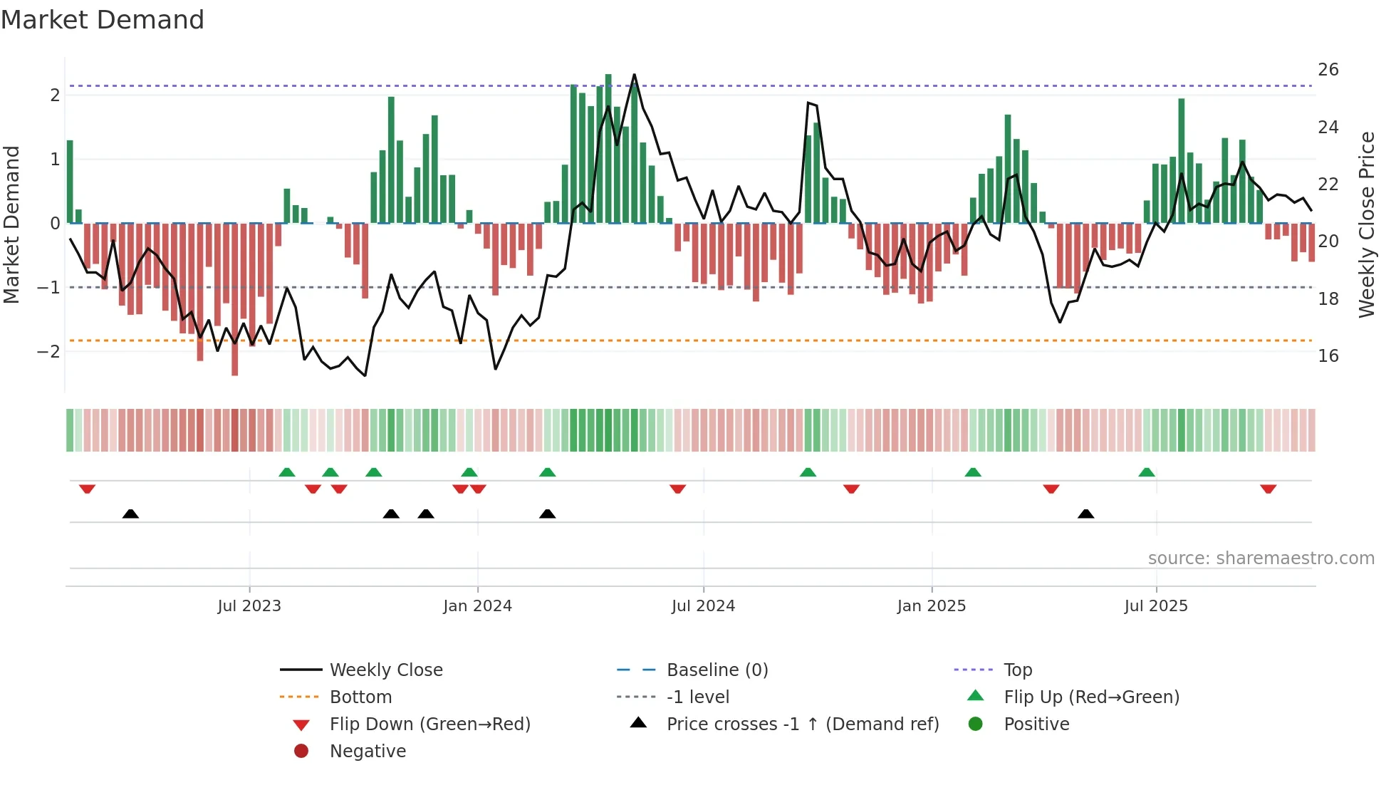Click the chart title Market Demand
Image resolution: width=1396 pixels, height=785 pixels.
coord(103,20)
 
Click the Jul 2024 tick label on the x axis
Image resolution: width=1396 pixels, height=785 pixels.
coord(703,606)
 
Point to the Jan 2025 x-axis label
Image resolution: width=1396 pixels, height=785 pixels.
coord(931,606)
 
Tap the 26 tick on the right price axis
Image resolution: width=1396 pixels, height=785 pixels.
coord(1328,70)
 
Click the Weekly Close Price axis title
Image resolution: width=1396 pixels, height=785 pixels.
coord(1366,224)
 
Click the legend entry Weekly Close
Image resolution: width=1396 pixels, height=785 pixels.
coord(385,670)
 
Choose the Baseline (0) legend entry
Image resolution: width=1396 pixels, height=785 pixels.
coord(717,670)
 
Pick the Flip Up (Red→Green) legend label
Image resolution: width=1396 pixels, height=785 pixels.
coord(1091,697)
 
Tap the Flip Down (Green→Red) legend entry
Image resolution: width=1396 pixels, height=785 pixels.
coord(429,724)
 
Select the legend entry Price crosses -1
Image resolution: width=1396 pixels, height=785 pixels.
coord(802,724)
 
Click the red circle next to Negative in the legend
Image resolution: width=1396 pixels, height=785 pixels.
coord(301,752)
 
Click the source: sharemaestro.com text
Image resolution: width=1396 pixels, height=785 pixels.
coord(1261,558)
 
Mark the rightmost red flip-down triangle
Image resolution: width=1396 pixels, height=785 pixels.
coord(1268,489)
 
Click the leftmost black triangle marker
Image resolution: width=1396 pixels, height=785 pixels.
coord(130,514)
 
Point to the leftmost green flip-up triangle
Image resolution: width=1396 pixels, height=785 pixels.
coord(286,472)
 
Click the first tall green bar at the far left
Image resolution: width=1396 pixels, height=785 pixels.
coord(70,182)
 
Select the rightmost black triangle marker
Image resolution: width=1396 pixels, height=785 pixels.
coord(1085,514)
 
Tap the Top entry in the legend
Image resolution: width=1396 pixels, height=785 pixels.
coord(1017,670)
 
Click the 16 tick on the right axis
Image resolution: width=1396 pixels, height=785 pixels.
coord(1328,356)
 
